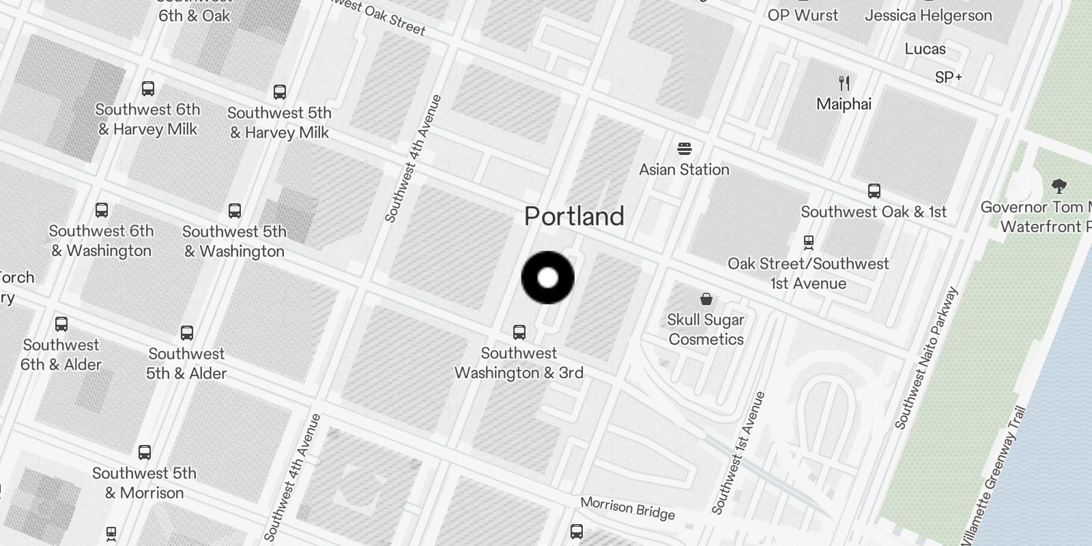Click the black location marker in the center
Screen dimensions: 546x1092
point(548,278)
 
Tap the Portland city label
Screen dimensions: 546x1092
point(574,216)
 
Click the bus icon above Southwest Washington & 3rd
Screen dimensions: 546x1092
point(519,332)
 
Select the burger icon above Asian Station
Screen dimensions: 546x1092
point(684,149)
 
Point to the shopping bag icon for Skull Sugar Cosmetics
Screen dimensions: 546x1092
point(706,299)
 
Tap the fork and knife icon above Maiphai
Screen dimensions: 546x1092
point(844,83)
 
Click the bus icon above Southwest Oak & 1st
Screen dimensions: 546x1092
point(874,191)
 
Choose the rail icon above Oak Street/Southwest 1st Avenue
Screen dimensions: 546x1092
point(809,242)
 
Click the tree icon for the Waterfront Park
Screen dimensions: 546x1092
point(1059,186)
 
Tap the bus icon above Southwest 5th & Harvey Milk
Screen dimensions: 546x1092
point(279,92)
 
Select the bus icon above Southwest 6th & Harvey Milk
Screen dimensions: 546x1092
point(147,89)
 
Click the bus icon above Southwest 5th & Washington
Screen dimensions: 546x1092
point(235,211)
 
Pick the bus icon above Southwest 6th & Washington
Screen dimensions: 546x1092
point(102,210)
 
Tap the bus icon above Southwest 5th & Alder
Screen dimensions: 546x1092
point(187,333)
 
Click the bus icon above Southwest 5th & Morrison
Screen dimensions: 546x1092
point(145,452)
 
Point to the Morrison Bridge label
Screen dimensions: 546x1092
point(627,508)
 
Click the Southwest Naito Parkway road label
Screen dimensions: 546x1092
point(926,358)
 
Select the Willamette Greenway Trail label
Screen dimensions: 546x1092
point(993,478)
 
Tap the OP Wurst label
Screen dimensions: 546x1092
point(803,15)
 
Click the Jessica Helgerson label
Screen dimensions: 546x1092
point(928,15)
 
